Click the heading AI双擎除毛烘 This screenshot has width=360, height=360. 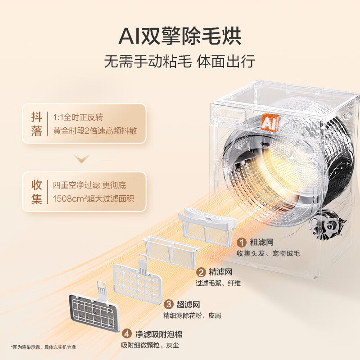[x=180, y=36]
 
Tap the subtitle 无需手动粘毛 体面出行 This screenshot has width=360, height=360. [x=180, y=60]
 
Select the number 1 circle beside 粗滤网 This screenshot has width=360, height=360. [x=242, y=243]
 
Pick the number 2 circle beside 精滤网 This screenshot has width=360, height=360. [x=201, y=272]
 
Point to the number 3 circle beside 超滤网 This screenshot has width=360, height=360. [x=168, y=305]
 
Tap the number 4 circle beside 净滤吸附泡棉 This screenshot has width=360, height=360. [x=127, y=334]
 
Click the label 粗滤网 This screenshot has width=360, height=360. [x=262, y=243]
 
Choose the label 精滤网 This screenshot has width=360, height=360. [x=220, y=272]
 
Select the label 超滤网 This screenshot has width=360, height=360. [x=188, y=305]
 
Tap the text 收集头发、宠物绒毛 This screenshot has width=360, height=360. [x=268, y=253]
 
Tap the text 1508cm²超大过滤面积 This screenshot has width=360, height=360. [x=93, y=198]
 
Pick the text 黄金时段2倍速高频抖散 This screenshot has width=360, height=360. [x=95, y=131]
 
